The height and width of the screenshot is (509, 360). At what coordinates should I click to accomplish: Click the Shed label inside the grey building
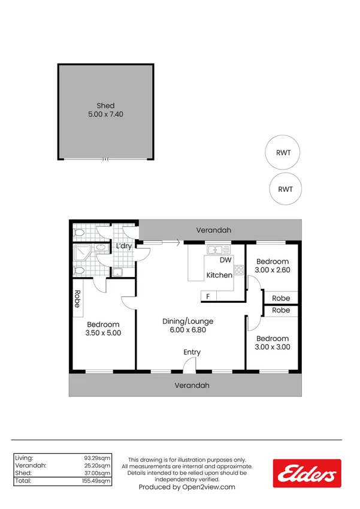[105, 106]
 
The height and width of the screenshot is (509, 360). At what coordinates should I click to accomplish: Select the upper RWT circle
[283, 152]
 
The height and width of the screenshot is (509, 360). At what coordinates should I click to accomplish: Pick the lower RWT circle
[285, 189]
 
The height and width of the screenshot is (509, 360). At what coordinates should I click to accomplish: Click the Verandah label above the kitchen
[214, 230]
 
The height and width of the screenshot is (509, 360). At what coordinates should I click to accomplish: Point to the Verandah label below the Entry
[192, 385]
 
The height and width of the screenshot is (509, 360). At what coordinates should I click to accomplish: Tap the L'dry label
[124, 246]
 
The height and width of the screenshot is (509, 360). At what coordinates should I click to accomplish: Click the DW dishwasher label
[225, 261]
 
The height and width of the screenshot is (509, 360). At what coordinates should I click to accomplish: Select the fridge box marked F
[208, 296]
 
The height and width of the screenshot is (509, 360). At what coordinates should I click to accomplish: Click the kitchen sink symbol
[214, 249]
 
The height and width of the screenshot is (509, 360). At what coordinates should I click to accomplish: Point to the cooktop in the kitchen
[238, 270]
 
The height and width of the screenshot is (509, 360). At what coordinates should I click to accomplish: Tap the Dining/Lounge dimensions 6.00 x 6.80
[188, 330]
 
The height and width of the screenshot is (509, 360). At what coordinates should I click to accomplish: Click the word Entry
[192, 353]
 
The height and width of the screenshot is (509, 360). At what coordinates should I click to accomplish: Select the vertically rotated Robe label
[77, 299]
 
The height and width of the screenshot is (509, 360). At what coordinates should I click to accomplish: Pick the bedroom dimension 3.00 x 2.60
[273, 270]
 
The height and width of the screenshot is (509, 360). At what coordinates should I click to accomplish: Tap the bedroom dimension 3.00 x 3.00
[273, 347]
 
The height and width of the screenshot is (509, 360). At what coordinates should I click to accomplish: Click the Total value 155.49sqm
[96, 481]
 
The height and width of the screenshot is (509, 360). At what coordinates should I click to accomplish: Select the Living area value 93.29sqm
[98, 457]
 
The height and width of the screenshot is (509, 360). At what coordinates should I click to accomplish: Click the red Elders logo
[307, 474]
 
